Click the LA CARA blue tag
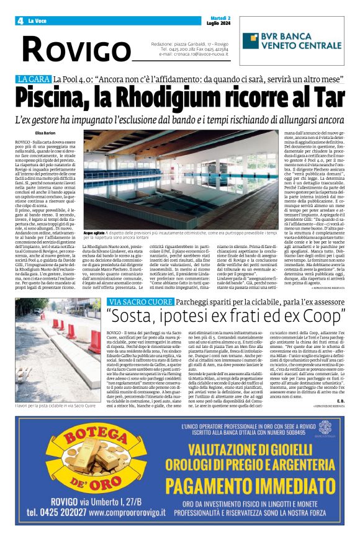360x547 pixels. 34,79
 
